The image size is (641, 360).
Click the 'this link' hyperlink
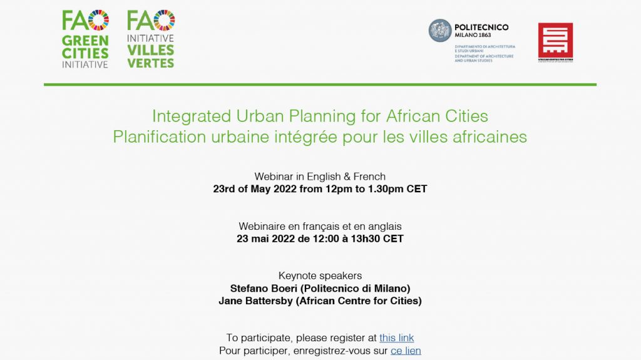pos(396,338)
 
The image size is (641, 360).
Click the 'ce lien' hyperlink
pos(406,351)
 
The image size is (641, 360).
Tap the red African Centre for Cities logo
pos(555,41)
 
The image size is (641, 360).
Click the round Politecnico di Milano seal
pos(440,31)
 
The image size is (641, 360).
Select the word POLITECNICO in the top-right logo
pos(481,28)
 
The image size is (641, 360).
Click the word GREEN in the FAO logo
pos(85,41)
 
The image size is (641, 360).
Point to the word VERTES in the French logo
pos(151,63)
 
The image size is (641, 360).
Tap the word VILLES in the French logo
pos(151,51)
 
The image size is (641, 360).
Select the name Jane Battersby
pos(256,301)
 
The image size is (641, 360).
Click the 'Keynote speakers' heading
pos(320,275)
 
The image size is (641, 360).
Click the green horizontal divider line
pos(320,85)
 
